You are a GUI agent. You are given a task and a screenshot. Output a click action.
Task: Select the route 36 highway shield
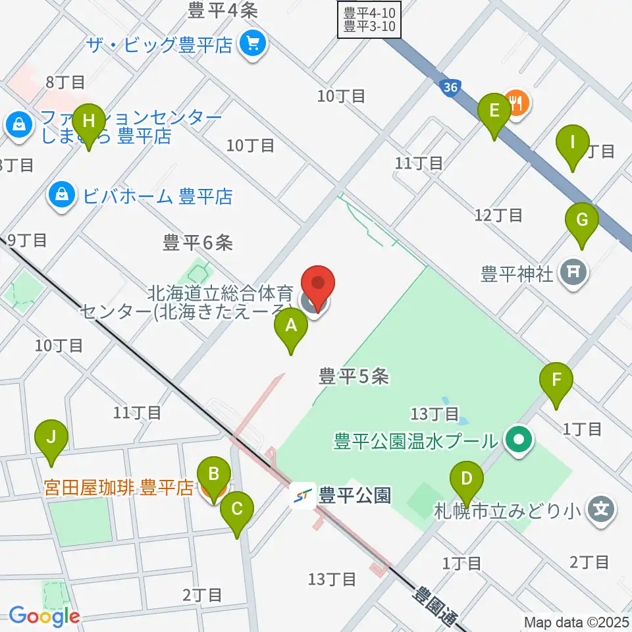coord(450,88)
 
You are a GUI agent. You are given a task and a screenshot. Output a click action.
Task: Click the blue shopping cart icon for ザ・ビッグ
coord(253,45)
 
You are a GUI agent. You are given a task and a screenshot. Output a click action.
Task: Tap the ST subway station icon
coord(303,496)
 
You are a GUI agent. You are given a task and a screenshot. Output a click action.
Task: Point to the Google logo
coord(43,616)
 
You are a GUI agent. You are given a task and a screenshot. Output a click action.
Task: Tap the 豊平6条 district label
coord(198,243)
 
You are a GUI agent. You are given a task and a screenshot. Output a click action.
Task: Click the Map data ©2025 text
coord(575,621)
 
